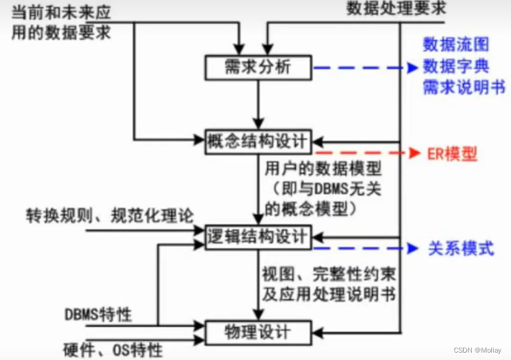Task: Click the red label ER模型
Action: point(452,154)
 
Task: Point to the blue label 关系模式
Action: point(461,249)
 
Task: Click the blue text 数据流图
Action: point(456,45)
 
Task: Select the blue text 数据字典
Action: point(456,66)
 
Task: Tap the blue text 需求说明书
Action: point(464,88)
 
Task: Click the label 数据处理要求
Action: point(396,9)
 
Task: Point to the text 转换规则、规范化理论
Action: point(110,216)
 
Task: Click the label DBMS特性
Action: point(98,315)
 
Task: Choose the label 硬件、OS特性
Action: point(114,350)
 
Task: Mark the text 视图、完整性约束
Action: point(325,272)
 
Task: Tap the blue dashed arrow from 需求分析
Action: point(362,68)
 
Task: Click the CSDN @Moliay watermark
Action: point(477,350)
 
